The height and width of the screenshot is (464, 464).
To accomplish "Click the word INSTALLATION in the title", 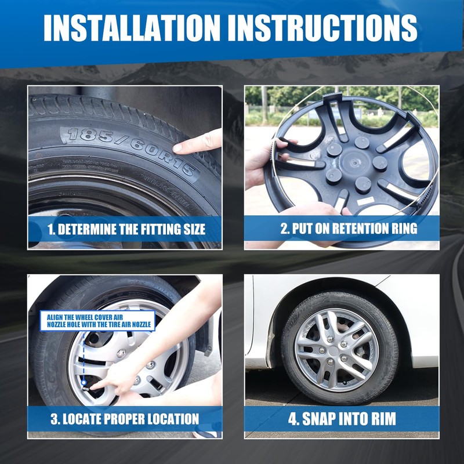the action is tap(132, 27).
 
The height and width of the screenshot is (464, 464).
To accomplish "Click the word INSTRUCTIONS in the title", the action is tap(322, 27).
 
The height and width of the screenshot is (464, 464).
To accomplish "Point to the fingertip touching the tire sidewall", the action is tap(178, 147).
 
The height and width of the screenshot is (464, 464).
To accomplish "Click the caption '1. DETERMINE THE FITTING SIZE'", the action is tap(126, 229).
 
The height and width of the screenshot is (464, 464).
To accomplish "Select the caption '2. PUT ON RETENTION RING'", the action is tap(349, 229).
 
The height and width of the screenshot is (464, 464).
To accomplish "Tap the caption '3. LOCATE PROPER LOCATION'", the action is tap(125, 419).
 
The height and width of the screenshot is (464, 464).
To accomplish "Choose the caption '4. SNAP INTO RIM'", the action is tap(342, 419).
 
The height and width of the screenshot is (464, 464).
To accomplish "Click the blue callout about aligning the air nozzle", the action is tap(97, 321).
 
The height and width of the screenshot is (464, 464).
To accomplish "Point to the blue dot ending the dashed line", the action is tap(84, 383).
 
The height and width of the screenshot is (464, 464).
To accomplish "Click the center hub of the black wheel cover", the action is tap(354, 162).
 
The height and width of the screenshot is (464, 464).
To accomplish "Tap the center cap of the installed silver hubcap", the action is tap(333, 351).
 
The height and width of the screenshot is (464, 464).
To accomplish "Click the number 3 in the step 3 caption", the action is tap(53, 419).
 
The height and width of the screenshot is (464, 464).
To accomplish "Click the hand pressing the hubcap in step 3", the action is tap(118, 380).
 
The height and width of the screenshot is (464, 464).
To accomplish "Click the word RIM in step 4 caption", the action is tap(384, 419).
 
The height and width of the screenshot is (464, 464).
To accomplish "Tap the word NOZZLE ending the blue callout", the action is tap(142, 325).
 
